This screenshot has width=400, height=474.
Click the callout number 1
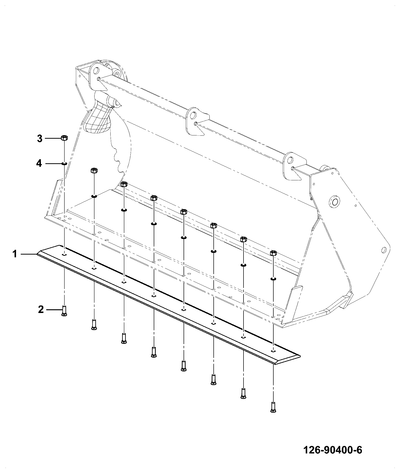click(x=15, y=254)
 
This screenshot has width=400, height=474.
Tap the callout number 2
click(x=41, y=310)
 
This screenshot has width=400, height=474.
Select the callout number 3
click(x=40, y=138)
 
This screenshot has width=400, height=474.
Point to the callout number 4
click(x=39, y=164)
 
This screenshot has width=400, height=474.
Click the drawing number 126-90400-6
click(x=333, y=450)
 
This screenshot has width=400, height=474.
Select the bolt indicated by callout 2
click(x=64, y=311)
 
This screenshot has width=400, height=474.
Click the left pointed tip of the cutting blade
click(x=37, y=254)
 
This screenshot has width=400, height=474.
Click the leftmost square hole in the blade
click(x=64, y=255)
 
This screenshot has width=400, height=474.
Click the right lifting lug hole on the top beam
click(x=290, y=160)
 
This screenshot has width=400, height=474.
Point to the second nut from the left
click(x=94, y=171)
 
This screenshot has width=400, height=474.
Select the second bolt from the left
click(x=94, y=325)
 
